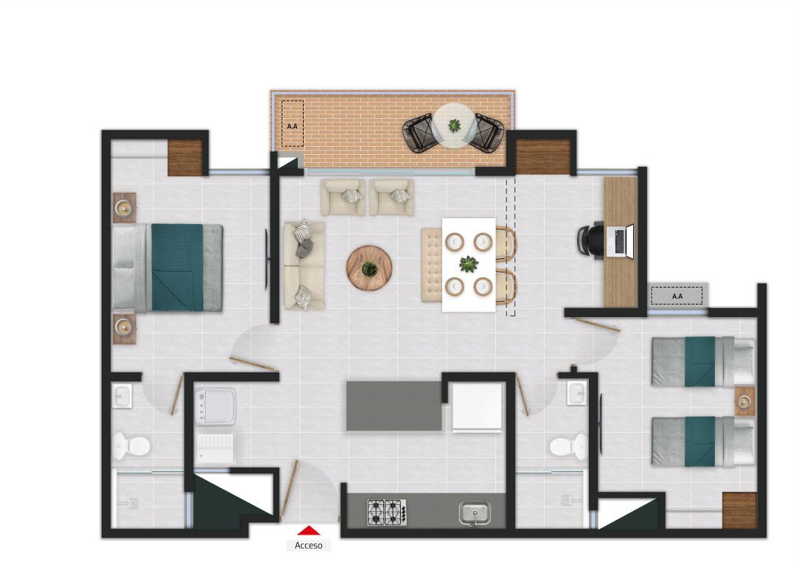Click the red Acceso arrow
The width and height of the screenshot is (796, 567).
pos(308,529)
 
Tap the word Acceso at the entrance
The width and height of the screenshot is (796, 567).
pos(308,546)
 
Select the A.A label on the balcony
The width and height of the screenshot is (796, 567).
pos(293,126)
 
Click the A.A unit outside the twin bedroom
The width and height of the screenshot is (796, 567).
pos(677,296)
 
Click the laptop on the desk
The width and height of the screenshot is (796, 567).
pos(620,241)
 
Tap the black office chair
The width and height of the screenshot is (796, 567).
pos(590,240)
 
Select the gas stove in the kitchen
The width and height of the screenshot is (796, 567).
pos(387,512)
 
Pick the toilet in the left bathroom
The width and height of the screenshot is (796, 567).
pos(131,445)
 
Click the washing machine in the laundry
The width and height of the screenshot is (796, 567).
pos(215,407)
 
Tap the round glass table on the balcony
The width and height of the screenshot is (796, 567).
pos(454,125)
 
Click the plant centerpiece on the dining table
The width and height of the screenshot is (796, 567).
pos(468,263)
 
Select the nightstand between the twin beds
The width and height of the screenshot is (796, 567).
pos(744,401)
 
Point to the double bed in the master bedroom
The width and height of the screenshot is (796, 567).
pos(168,267)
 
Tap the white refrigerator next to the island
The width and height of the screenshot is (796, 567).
pos(477,407)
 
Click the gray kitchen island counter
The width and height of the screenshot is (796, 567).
pos(394,406)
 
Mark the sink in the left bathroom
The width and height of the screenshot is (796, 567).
pos(122,397)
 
